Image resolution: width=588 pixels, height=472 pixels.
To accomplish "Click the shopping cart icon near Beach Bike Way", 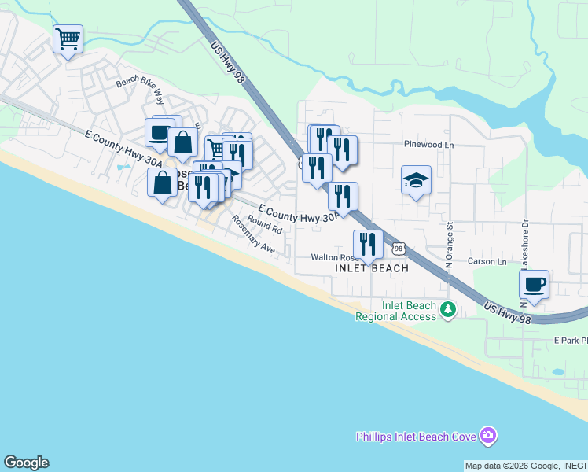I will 68,38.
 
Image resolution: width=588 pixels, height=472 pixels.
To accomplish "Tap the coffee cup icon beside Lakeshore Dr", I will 535,283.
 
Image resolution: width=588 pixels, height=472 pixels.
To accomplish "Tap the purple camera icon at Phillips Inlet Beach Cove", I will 489,435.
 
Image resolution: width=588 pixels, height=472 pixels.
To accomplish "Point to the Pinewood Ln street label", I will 429,145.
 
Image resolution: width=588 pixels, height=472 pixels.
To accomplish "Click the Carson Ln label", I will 487,261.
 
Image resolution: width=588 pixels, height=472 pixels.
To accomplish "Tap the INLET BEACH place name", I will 372,268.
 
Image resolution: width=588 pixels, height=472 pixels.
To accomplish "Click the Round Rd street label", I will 264,225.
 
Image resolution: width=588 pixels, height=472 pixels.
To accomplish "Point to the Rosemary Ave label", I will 252,234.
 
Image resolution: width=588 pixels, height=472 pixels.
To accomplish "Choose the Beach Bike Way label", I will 139,91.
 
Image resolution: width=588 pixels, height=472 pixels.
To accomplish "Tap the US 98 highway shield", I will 399,249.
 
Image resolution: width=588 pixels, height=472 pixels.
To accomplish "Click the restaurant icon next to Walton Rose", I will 367,242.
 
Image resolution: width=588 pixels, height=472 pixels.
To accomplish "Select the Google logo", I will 26,463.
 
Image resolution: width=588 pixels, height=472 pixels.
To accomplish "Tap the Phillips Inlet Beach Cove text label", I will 417,437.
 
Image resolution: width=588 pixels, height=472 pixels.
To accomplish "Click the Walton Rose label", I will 334,257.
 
